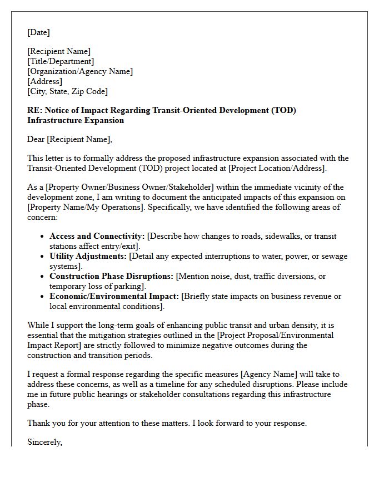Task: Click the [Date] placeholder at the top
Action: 38,32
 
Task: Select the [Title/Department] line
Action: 61,61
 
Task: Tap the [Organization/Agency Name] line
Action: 80,71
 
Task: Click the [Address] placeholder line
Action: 44,81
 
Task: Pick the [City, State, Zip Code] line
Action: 67,91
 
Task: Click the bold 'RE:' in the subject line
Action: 35,110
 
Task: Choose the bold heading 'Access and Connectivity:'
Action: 97,236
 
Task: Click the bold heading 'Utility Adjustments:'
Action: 88,256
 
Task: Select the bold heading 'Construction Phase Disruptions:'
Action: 111,276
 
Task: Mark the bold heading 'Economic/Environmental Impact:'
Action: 114,296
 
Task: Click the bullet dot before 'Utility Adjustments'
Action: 43,257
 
